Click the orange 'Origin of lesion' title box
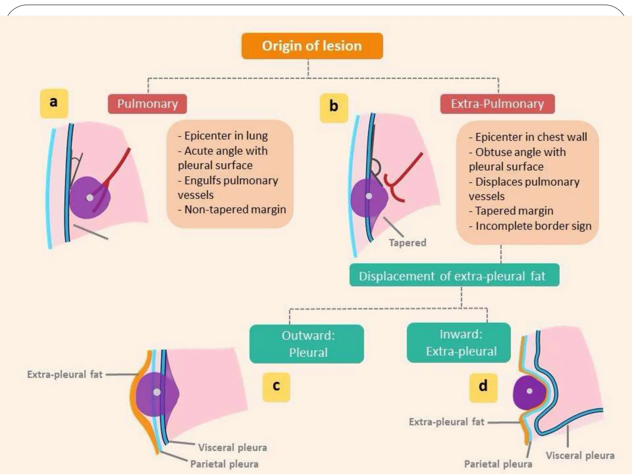312,46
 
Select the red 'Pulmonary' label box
148,104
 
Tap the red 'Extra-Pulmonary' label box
497,104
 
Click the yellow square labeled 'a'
54,103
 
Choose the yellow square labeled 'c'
276,387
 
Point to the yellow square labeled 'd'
483,388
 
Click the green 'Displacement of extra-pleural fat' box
454,275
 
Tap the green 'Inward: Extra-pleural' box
459,343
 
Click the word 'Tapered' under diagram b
407,243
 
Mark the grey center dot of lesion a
89,197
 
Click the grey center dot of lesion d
530,391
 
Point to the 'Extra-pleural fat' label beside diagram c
65,375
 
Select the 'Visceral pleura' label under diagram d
580,455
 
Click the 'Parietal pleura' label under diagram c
224,464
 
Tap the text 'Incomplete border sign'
533,226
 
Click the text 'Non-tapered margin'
235,210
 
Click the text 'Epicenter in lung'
226,136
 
